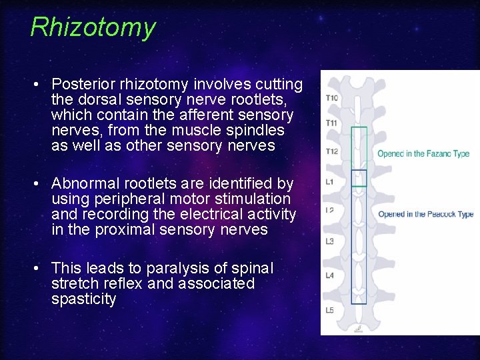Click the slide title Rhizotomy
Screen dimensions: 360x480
pos(93,27)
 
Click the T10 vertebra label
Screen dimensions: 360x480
pos(331,98)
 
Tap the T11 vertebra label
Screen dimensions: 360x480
pos(331,123)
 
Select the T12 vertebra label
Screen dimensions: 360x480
pos(331,151)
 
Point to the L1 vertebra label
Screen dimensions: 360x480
pos(329,181)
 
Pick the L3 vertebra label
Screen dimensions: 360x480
pos(329,241)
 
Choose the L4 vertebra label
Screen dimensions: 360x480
pos(329,275)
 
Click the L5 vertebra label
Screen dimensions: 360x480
pos(329,310)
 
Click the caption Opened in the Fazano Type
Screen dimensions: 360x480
pos(423,154)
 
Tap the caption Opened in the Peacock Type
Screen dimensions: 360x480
pos(425,214)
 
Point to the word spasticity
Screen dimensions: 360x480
pos(83,299)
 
